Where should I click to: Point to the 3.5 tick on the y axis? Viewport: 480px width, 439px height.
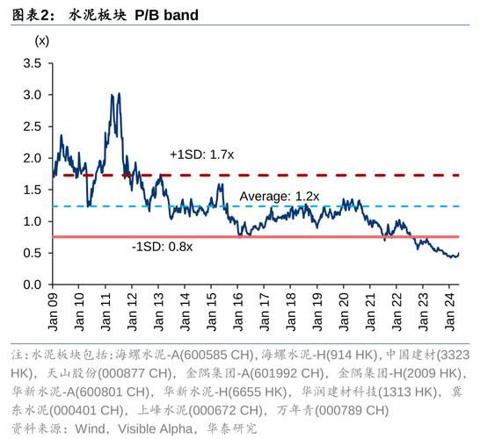[x=33, y=62]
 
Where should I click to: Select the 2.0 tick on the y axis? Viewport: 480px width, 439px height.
[x=33, y=158]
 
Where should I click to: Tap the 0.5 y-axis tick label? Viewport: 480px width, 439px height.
[x=33, y=253]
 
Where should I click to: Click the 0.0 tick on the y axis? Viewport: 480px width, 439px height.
[x=33, y=285]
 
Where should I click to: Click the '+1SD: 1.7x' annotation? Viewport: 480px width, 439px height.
[x=200, y=155]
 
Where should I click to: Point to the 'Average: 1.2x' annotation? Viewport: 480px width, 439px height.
[x=280, y=196]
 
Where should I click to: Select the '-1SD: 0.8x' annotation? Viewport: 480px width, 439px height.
[x=162, y=248]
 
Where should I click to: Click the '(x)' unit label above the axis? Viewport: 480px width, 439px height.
[x=41, y=40]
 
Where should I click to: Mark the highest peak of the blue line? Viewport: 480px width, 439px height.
[x=116, y=93]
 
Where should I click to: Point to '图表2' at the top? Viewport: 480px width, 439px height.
[x=25, y=15]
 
